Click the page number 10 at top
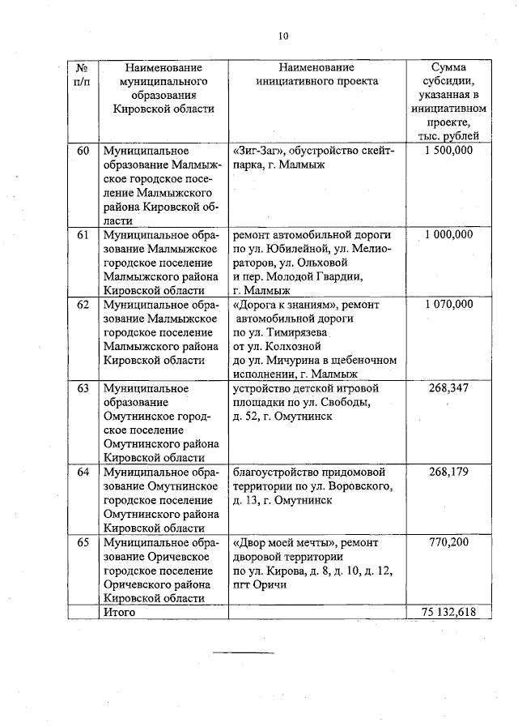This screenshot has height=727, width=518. (x=282, y=35)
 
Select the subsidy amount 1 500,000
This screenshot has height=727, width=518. (x=449, y=151)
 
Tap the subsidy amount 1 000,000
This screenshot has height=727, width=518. (x=449, y=235)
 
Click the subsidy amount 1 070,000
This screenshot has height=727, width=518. (x=449, y=305)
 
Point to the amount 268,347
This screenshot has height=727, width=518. (x=449, y=388)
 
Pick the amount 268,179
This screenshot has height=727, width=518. (x=449, y=472)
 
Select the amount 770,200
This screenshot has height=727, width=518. (x=449, y=542)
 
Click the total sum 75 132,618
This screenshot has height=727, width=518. (x=449, y=612)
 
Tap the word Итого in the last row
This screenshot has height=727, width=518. (x=118, y=612)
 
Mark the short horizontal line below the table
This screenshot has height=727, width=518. (x=244, y=652)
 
